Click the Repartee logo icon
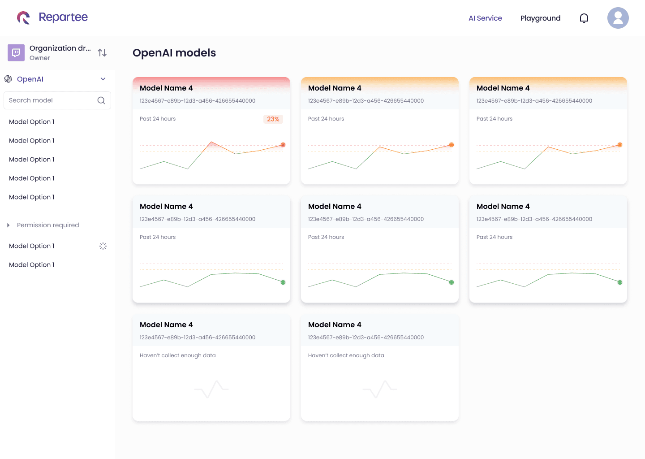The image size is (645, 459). click(23, 18)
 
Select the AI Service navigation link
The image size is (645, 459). click(485, 18)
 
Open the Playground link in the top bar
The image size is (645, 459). click(540, 18)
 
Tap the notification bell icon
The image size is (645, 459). click(584, 18)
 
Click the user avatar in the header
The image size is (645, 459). click(618, 18)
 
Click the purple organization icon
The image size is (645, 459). click(16, 52)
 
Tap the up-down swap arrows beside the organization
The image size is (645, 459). click(102, 53)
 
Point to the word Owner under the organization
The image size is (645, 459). click(40, 58)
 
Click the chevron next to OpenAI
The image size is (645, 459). click(103, 79)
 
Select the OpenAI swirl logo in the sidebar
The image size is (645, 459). click(8, 79)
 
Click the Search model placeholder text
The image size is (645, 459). click(31, 100)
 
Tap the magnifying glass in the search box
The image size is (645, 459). click(101, 100)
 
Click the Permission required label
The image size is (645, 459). click(48, 225)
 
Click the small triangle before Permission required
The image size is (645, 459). click(8, 225)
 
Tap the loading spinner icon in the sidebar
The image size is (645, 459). click(103, 246)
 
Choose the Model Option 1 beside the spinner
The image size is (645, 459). click(32, 246)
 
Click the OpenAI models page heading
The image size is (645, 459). click(174, 53)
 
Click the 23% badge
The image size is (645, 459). click(273, 119)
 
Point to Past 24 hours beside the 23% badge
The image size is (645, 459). click(158, 119)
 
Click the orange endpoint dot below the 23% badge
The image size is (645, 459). click(283, 145)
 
